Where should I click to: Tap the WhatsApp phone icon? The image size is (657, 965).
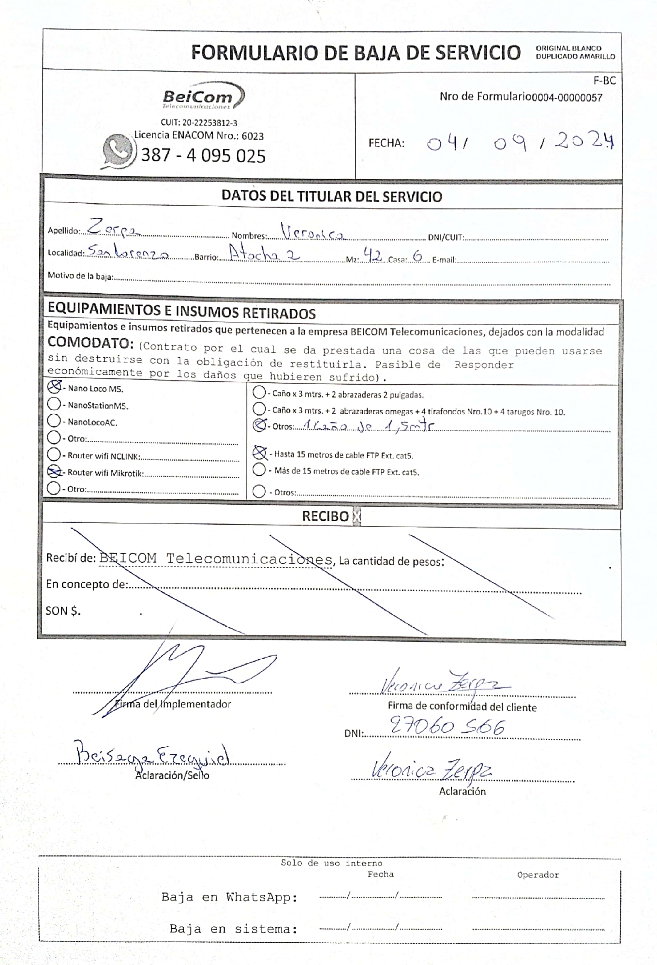pos(119,151)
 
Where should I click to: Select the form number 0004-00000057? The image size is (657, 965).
pos(567,98)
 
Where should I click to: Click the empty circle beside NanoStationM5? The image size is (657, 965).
pos(54,404)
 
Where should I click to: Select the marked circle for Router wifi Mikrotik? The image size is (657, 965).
pos(54,472)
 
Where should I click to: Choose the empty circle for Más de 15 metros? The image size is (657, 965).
pos(259,470)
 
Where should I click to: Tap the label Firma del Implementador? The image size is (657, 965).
pos(173,704)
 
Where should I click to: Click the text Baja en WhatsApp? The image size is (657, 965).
pos(229,897)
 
